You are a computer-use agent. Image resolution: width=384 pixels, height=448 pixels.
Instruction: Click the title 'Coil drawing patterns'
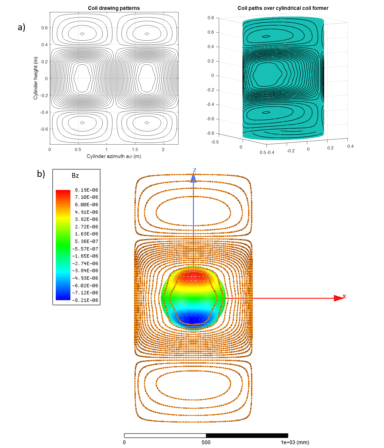coord(114,8)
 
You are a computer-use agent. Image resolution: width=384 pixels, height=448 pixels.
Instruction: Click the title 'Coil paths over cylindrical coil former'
coord(283,8)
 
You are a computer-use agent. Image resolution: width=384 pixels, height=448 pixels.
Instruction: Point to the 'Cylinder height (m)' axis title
coord(36,78)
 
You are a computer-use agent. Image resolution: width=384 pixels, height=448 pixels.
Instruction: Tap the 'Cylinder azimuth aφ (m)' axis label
coord(114,156)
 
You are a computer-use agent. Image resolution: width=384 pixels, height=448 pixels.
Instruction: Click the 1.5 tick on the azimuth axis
coord(135,149)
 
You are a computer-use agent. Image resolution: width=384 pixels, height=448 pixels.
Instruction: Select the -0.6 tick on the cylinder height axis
coord(44,129)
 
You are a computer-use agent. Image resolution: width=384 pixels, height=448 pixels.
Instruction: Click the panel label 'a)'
coord(21,27)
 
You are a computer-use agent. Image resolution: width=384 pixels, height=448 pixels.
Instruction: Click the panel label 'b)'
coord(41,174)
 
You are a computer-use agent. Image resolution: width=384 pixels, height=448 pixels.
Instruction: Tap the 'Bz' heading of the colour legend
coord(75,176)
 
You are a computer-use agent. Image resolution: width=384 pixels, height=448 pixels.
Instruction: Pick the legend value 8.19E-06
coord(87,190)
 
